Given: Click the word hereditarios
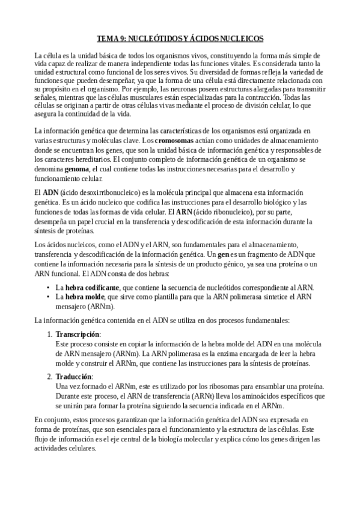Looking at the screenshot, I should pos(81,160).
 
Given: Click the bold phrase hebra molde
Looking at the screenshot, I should pos(83,297).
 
